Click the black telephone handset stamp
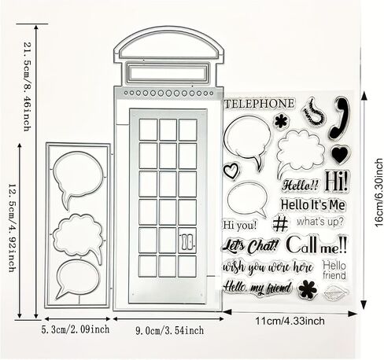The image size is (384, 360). point(340,119)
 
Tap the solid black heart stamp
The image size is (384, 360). point(341,154)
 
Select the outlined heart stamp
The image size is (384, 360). point(231,171)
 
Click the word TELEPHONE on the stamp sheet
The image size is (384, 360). point(260,104)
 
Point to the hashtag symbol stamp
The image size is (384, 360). point(280,223)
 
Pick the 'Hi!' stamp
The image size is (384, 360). point(337,181)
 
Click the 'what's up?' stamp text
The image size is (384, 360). point(320,222)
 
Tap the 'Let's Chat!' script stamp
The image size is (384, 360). point(250,246)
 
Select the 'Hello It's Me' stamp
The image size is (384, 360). point(312,204)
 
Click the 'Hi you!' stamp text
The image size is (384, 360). point(240,225)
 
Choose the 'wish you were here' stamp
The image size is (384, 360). point(268,267)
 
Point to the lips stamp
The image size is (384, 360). point(336,292)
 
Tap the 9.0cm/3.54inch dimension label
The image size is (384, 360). point(170,330)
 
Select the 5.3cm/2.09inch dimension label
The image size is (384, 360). point(76,329)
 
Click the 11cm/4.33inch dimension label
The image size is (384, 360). point(290,321)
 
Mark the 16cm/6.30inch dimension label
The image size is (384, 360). point(379,193)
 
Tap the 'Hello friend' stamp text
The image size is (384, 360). point(334,270)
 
